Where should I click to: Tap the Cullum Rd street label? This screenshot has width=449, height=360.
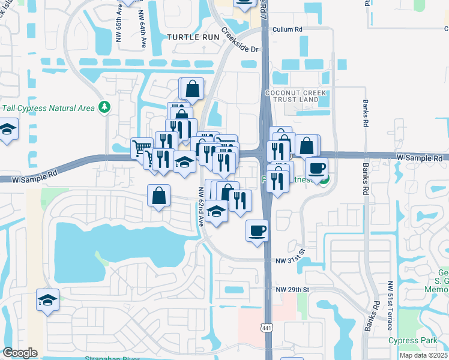tap(288, 29)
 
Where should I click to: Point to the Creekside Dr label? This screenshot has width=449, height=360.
tap(241, 41)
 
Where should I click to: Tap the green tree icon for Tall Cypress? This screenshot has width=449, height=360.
tap(105, 107)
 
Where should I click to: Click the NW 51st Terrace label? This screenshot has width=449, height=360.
tap(390, 305)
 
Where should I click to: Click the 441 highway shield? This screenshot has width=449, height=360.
tap(266, 327)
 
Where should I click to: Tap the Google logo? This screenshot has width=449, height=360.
tap(20, 353)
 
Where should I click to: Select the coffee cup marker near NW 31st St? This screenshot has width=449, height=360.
tap(258, 230)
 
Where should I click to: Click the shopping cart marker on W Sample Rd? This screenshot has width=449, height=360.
tap(141, 148)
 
